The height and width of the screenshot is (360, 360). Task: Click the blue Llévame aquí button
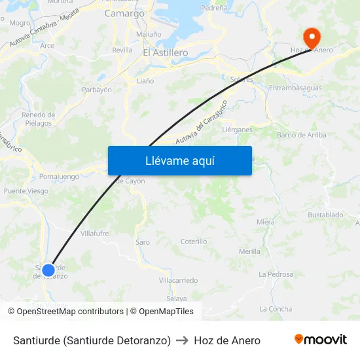(x=179, y=160)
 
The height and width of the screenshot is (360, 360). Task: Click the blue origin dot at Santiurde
(x=48, y=270)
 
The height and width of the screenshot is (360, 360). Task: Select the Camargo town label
(x=124, y=13)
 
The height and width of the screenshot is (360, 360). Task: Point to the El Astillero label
(x=165, y=52)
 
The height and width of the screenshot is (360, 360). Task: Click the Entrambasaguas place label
(x=296, y=88)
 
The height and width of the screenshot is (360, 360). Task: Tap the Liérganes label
(x=237, y=130)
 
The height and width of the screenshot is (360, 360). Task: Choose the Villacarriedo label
(x=178, y=280)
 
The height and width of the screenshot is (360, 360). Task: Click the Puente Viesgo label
(x=26, y=191)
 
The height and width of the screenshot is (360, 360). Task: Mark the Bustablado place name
(x=325, y=215)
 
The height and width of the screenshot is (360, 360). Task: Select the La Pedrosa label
(x=276, y=274)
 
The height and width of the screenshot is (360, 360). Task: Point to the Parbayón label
(x=97, y=90)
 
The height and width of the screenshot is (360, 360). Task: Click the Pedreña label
(x=214, y=8)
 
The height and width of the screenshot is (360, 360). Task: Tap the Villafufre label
(x=94, y=233)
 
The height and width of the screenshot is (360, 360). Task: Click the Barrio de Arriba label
(x=301, y=135)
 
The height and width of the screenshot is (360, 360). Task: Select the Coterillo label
(x=194, y=242)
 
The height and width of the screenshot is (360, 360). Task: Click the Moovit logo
(x=320, y=340)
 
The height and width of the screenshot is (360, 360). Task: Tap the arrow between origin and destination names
(x=183, y=340)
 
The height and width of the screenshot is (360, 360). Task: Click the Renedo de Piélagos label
(x=38, y=118)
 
